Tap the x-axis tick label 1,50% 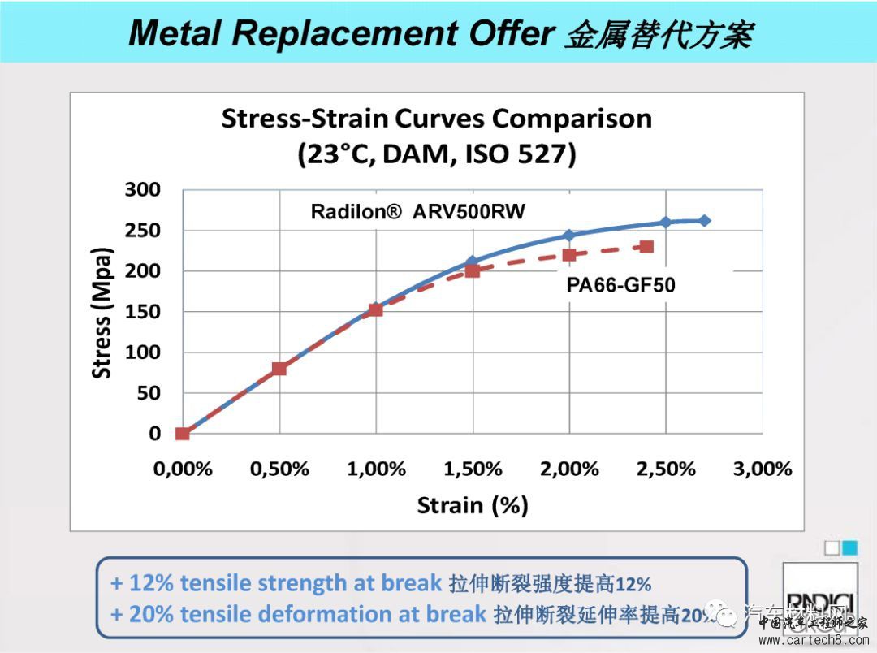(x=473, y=469)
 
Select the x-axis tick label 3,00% (x=762, y=469)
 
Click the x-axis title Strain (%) (x=473, y=505)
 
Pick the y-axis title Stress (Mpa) (x=102, y=312)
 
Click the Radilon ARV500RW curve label (x=417, y=212)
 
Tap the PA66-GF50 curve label (x=621, y=286)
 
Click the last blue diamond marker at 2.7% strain (x=704, y=221)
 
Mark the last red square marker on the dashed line (x=646, y=246)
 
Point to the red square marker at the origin (x=183, y=434)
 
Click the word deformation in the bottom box (x=324, y=614)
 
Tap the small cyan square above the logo (x=850, y=547)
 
